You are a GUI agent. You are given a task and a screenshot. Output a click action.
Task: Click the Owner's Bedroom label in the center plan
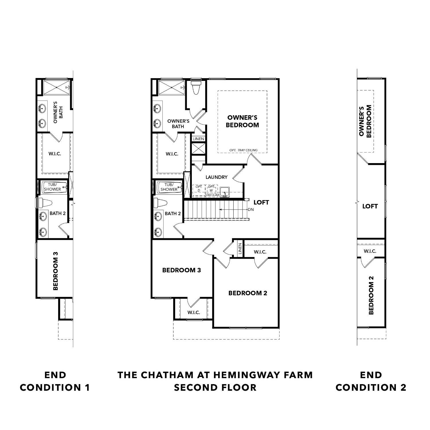click(x=242, y=121)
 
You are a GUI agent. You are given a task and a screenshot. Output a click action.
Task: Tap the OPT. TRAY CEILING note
click(x=243, y=150)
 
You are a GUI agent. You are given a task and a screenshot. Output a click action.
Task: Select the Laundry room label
click(x=216, y=177)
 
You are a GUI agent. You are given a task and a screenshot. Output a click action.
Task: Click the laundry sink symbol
click(x=225, y=191)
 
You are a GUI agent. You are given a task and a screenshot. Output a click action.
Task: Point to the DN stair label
click(x=251, y=210)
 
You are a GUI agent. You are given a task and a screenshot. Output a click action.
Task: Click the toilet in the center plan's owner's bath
click(x=196, y=87)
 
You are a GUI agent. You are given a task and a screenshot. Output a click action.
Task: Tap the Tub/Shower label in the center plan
click(x=169, y=187)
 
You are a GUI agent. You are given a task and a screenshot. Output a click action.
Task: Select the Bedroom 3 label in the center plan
click(x=181, y=270)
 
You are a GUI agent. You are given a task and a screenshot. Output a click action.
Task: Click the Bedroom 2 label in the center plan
click(x=248, y=293)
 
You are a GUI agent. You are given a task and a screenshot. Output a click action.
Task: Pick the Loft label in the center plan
click(x=261, y=202)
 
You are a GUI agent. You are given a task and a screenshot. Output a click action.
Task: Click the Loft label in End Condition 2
click(x=370, y=206)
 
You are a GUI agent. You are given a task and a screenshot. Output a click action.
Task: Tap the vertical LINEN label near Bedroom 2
click(x=240, y=249)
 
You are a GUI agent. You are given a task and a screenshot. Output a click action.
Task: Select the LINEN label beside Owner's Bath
click(x=198, y=139)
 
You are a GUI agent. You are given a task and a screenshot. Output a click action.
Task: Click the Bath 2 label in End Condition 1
click(x=57, y=213)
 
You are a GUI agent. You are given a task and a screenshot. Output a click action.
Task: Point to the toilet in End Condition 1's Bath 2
click(x=46, y=203)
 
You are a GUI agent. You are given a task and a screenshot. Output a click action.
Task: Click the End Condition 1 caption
click(x=55, y=381)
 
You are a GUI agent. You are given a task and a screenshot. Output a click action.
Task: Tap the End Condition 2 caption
click(x=371, y=381)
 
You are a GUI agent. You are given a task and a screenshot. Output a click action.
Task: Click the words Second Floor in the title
click(x=215, y=388)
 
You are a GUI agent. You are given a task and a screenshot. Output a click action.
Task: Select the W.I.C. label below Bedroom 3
click(x=194, y=312)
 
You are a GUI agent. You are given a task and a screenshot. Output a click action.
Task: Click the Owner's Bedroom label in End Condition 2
click(x=365, y=121)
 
